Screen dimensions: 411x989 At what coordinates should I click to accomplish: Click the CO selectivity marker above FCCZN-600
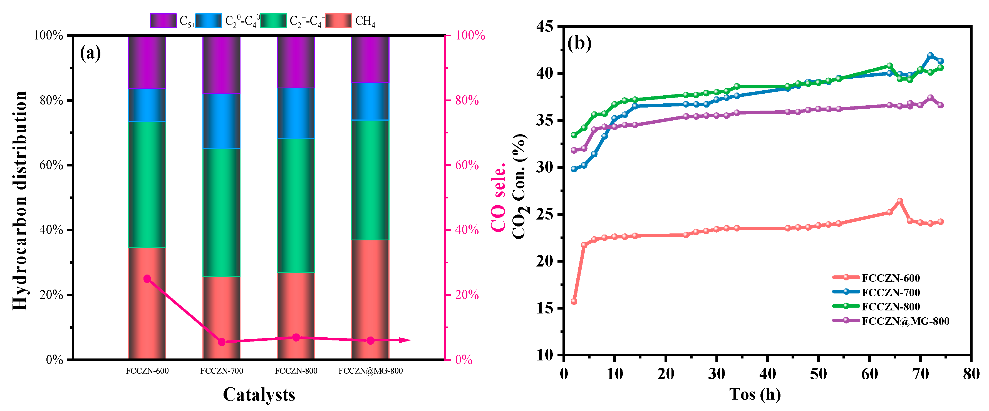click(x=147, y=279)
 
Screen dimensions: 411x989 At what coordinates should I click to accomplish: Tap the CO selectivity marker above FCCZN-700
click(x=222, y=342)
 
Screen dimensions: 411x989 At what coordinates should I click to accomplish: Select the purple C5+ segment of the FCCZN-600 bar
click(x=147, y=62)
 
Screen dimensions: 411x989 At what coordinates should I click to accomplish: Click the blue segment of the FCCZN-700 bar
click(x=222, y=121)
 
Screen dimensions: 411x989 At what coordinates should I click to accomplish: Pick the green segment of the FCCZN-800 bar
click(x=296, y=205)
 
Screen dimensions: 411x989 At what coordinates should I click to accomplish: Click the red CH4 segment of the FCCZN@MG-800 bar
click(x=370, y=299)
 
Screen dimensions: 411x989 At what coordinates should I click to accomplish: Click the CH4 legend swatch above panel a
click(x=338, y=21)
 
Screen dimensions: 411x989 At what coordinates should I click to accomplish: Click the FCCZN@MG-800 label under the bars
click(x=370, y=371)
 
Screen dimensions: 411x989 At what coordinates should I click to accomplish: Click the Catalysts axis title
click(x=259, y=395)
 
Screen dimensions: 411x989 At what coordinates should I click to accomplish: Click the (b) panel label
click(x=579, y=43)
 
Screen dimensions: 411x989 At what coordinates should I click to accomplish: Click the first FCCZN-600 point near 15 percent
click(x=574, y=301)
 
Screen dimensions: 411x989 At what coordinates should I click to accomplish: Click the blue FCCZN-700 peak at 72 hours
click(x=930, y=56)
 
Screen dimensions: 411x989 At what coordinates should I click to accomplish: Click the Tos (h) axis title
click(x=755, y=395)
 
